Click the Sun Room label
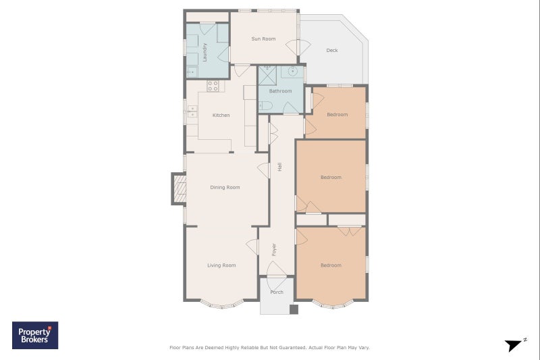tap(263, 39)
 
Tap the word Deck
tap(332, 50)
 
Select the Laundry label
tap(205, 53)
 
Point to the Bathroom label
tap(280, 91)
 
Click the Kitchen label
tap(221, 115)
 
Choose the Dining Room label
tap(225, 187)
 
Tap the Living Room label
tap(221, 265)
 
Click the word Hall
tap(279, 167)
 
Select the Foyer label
tap(274, 250)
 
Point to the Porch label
tap(277, 292)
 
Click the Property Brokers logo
tap(35, 335)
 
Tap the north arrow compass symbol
tap(515, 344)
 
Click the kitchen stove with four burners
tap(213, 86)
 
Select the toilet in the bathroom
tap(265, 105)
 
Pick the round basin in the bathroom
tap(292, 72)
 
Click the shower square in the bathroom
tap(267, 76)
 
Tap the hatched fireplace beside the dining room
tap(180, 189)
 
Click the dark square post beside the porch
tap(294, 309)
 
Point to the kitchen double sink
tap(192, 111)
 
